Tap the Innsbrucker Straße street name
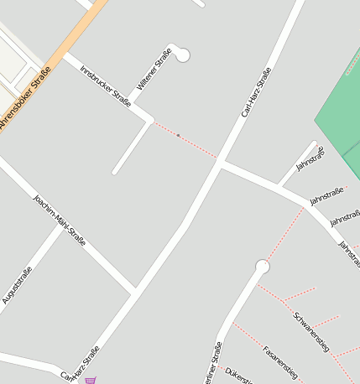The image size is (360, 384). [x=105, y=87]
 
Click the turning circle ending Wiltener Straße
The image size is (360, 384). [x=183, y=55]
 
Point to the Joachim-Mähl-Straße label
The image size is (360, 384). [x=59, y=221]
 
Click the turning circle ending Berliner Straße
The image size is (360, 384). [x=263, y=267]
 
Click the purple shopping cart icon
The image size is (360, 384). [x=90, y=380]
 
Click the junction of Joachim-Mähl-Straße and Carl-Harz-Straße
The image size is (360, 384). [x=134, y=292]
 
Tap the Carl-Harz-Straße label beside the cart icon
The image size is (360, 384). [x=81, y=364]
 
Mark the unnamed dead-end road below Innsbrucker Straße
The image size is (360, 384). [x=133, y=148]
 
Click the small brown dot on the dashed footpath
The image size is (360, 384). [x=178, y=135]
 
